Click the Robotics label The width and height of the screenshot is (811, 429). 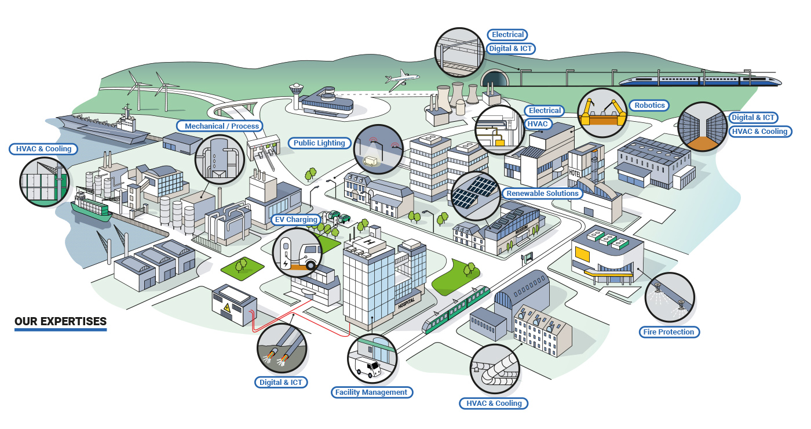point(649,106)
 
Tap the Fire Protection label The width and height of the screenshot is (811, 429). point(668,332)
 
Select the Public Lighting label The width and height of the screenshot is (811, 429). point(319,143)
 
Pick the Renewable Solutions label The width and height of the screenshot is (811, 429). point(542,193)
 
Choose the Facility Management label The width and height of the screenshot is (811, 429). point(371,392)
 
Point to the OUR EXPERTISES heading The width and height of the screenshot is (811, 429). point(61,322)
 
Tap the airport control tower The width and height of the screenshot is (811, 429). point(297,94)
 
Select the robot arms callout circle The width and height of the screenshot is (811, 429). point(602,112)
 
